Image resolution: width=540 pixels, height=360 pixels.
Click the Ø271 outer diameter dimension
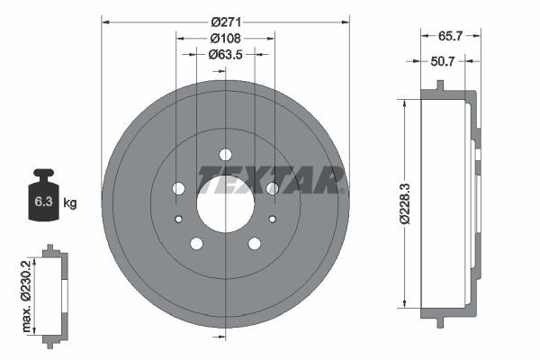(224, 20)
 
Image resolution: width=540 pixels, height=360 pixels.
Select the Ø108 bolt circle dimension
(224, 39)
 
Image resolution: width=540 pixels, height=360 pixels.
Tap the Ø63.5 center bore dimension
(224, 54)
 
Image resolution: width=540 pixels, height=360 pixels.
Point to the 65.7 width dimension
(450, 39)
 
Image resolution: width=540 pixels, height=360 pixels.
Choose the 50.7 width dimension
(444, 62)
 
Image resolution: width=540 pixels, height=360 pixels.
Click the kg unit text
(70, 202)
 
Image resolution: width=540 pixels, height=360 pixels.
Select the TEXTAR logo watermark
(271, 176)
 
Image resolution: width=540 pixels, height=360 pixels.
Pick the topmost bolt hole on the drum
(225, 153)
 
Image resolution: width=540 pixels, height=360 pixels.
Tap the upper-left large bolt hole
(178, 188)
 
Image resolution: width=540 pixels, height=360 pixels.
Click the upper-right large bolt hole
(272, 188)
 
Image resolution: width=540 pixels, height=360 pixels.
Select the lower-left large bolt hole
(196, 243)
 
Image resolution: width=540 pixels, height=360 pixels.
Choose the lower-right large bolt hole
(254, 243)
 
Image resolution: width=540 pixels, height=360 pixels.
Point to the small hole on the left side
(178, 219)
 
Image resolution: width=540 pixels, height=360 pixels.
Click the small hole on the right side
(272, 219)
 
